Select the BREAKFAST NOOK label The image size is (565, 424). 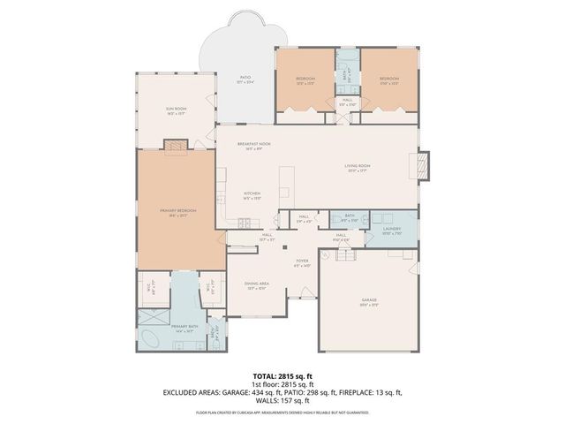253,145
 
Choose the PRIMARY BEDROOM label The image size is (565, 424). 177,210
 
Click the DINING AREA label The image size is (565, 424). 257,284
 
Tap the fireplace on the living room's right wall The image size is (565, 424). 423,164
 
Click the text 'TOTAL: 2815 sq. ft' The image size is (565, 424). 282,375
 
